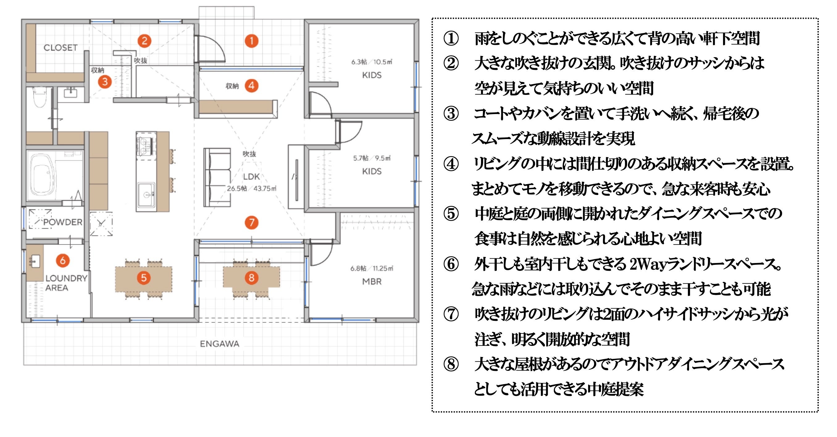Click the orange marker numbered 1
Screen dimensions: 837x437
pos(251,41)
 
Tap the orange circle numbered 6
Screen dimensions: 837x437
pos(63,260)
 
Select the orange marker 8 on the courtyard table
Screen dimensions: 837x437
pos(251,278)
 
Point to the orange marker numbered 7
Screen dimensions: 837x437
pos(251,223)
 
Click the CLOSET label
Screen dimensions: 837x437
pos(61,48)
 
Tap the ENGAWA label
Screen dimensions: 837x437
pos(219,344)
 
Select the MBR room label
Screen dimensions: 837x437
pos(372,282)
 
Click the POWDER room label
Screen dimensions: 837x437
pos(63,222)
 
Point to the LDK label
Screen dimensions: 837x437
pos(251,177)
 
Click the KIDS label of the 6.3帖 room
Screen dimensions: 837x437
pos(372,75)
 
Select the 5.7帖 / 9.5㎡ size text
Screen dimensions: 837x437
pos(372,158)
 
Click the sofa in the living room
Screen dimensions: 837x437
pos(217,177)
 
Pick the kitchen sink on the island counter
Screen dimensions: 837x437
pos(146,194)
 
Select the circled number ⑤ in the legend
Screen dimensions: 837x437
pos(451,214)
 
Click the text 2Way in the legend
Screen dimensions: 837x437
pos(647,264)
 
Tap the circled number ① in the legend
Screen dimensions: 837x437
pos(451,38)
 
